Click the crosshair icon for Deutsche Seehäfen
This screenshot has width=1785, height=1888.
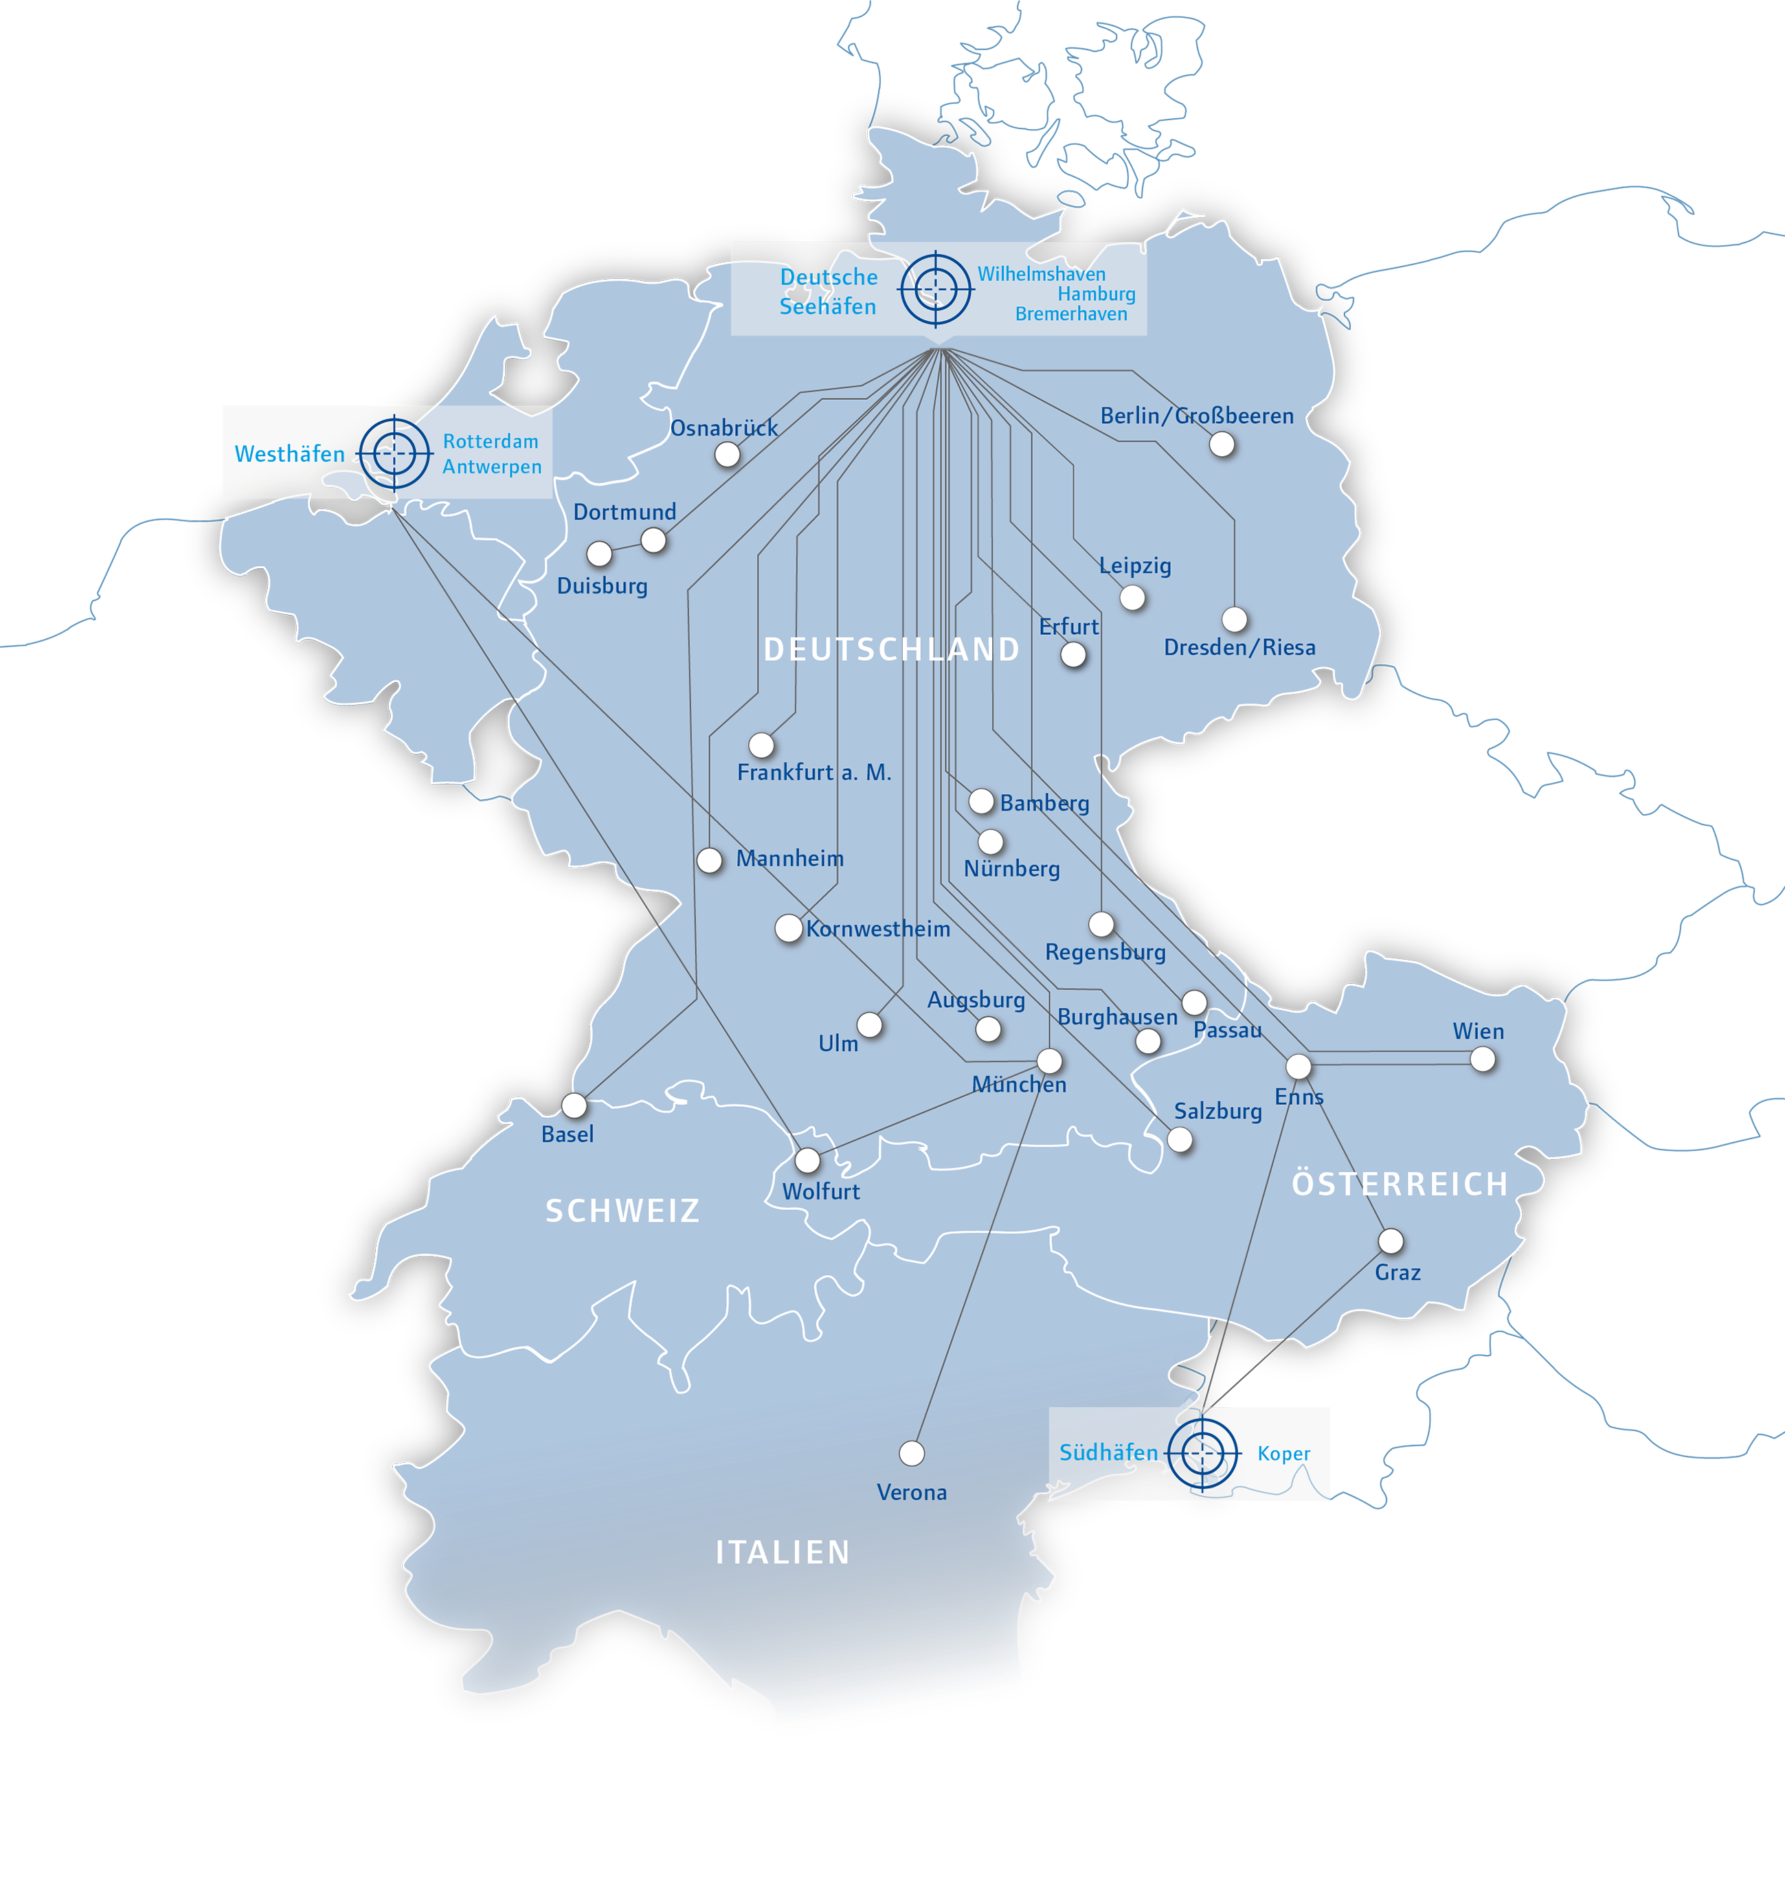(x=936, y=289)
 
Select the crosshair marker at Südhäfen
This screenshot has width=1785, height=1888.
(x=1202, y=1453)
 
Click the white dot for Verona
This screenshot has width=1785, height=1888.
(x=912, y=1453)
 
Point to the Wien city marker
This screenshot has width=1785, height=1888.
(x=1483, y=1059)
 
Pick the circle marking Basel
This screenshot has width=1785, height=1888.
(x=574, y=1105)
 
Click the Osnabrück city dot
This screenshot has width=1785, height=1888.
(x=727, y=455)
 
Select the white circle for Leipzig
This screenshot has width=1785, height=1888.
(x=1132, y=598)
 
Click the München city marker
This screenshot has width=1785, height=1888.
(x=1048, y=1061)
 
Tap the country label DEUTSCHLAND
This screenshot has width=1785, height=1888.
(x=892, y=649)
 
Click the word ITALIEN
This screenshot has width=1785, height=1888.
(x=782, y=1552)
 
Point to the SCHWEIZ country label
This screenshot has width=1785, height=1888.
(x=622, y=1211)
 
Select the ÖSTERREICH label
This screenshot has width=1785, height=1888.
(x=1400, y=1184)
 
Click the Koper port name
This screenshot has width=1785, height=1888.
(x=1283, y=1453)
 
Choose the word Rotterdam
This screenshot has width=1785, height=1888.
(x=490, y=442)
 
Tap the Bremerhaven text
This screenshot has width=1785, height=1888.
(x=1070, y=314)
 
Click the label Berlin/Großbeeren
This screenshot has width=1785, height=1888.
(x=1196, y=416)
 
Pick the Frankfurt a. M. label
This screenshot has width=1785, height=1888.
(x=813, y=773)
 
